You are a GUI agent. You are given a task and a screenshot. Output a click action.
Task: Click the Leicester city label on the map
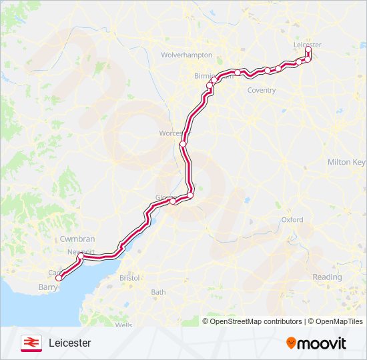pyautogui.click(x=307, y=45)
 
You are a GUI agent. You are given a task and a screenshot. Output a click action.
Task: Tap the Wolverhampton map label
pyautogui.click(x=187, y=55)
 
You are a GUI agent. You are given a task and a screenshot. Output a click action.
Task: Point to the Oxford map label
pyautogui.click(x=292, y=219)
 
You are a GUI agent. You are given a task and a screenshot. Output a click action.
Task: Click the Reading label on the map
pyautogui.click(x=327, y=277)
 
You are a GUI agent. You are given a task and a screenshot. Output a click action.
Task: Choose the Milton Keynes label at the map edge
pyautogui.click(x=346, y=162)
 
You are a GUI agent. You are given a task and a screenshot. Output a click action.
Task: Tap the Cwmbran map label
pyautogui.click(x=77, y=239)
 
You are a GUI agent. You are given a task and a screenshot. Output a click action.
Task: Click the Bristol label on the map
pyautogui.click(x=129, y=277)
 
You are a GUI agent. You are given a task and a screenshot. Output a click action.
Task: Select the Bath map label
pyautogui.click(x=158, y=292)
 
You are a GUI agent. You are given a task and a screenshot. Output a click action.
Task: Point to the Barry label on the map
pyautogui.click(x=47, y=288)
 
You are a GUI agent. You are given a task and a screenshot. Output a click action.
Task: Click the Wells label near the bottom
pyautogui.click(x=123, y=325)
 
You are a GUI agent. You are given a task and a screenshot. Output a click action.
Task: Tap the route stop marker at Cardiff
pyautogui.click(x=59, y=277)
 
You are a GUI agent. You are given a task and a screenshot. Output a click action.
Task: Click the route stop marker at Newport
pyautogui.click(x=81, y=256)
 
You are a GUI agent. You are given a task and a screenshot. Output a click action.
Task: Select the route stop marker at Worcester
pyautogui.click(x=182, y=143)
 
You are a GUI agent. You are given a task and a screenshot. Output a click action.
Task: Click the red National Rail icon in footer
pyautogui.click(x=30, y=343)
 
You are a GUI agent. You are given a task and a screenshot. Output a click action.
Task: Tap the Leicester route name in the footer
pyautogui.click(x=69, y=343)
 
